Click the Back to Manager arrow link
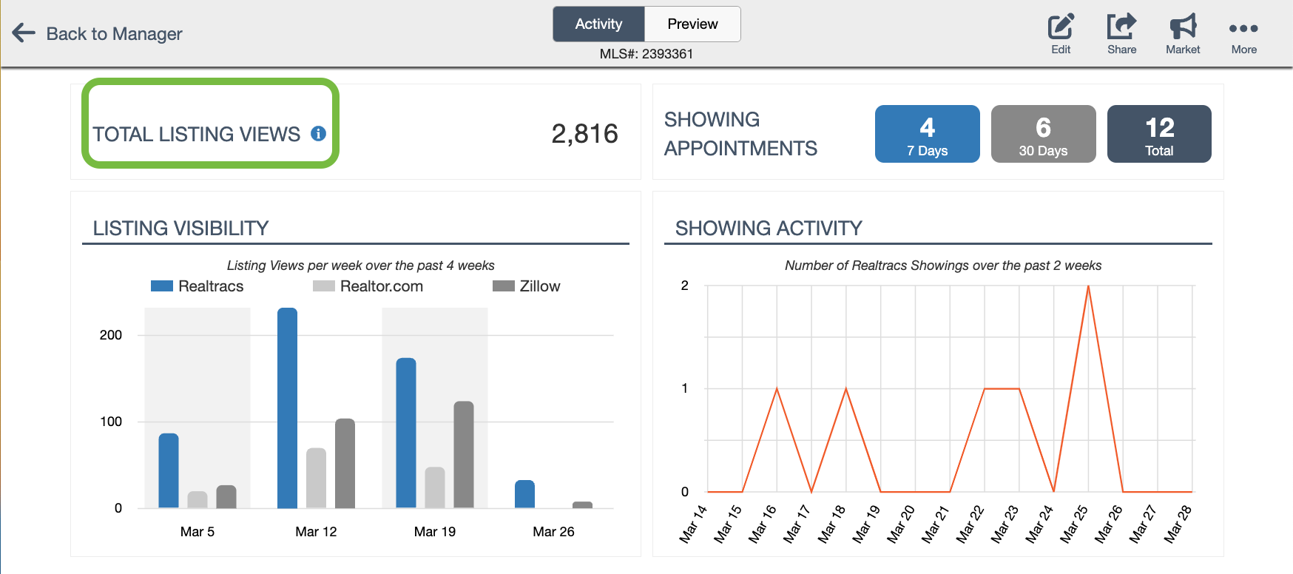click(x=97, y=33)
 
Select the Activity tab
click(x=598, y=24)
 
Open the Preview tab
click(x=692, y=24)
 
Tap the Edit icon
click(x=1061, y=28)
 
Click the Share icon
click(x=1121, y=28)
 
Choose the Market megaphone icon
click(x=1183, y=28)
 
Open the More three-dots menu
click(x=1243, y=30)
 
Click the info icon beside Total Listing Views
click(x=319, y=134)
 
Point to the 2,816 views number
click(x=584, y=134)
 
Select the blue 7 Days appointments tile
click(x=927, y=134)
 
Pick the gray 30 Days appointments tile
click(x=1043, y=134)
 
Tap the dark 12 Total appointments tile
click(x=1159, y=134)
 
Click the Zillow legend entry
click(x=527, y=286)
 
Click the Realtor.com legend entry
click(x=368, y=286)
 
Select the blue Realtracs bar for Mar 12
click(x=287, y=407)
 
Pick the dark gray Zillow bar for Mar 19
click(x=464, y=454)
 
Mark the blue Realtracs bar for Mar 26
click(x=524, y=494)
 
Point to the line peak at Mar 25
click(x=1088, y=287)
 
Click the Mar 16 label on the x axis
click(x=763, y=524)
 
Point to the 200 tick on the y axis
click(x=111, y=335)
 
